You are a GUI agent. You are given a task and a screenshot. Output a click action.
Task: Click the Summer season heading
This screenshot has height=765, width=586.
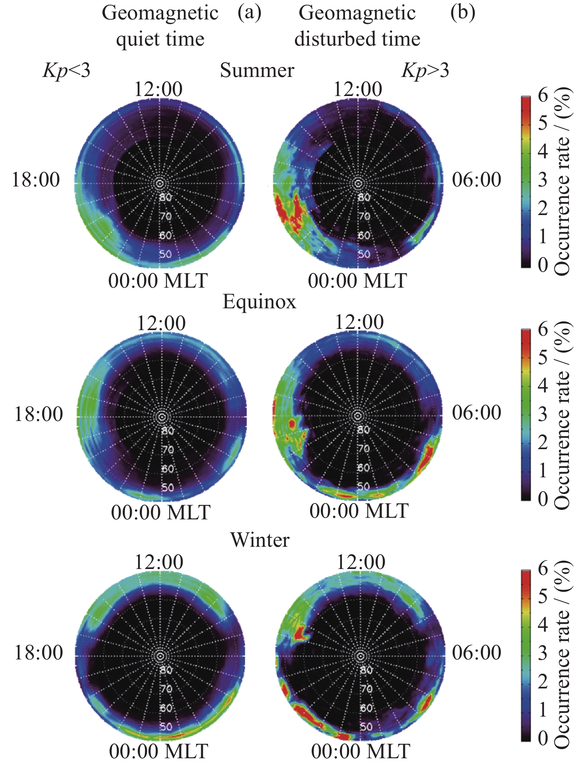click(x=257, y=71)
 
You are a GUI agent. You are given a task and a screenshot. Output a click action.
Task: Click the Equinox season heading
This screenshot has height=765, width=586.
click(x=259, y=302)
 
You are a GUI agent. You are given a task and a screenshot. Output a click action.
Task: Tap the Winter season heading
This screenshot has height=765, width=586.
click(x=260, y=540)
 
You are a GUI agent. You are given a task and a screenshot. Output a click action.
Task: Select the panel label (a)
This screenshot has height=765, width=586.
click(x=249, y=13)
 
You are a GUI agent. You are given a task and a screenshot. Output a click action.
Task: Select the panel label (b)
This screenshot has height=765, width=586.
click(x=463, y=13)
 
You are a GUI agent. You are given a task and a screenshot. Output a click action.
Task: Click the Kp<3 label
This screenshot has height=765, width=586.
click(x=67, y=71)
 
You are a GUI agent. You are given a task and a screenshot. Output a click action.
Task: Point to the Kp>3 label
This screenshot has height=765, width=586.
click(x=425, y=71)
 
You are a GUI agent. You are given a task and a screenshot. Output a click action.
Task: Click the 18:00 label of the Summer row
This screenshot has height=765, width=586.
click(x=36, y=179)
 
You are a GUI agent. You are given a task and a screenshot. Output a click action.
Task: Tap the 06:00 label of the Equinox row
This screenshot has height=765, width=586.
click(x=476, y=413)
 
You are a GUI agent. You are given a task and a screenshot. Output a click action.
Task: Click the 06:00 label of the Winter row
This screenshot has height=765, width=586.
click(x=476, y=653)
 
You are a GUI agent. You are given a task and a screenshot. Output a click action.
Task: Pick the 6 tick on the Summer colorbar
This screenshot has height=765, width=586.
click(x=543, y=95)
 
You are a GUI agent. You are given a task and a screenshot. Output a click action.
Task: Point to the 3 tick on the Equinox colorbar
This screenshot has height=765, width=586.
click(x=543, y=414)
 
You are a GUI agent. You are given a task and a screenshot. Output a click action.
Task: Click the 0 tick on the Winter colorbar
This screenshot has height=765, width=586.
click(x=543, y=738)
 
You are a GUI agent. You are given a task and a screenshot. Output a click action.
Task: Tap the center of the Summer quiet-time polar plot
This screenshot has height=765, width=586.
click(x=160, y=183)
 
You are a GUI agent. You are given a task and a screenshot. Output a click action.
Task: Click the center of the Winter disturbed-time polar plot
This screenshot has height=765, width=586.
click(x=360, y=655)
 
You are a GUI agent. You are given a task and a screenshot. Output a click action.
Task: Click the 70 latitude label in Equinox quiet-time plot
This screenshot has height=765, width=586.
click(x=167, y=450)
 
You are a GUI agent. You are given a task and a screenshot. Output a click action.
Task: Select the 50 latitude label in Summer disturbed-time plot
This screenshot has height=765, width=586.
click(x=364, y=254)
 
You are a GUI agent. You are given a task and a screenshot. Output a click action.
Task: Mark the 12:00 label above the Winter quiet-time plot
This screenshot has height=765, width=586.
click(x=159, y=562)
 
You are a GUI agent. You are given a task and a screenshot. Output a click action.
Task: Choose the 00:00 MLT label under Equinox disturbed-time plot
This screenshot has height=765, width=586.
click(x=359, y=511)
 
